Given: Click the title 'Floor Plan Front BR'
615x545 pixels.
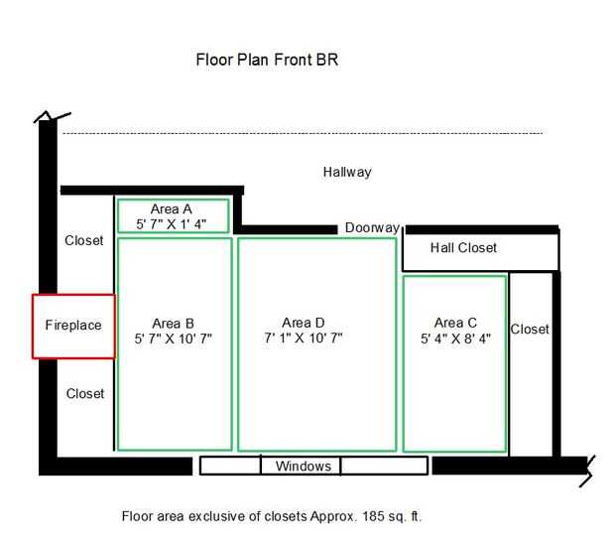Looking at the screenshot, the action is point(267,60).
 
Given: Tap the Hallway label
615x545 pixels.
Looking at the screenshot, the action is point(347,173).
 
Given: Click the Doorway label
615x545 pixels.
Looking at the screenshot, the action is point(372,227).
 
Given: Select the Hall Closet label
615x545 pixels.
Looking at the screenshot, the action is point(463,248).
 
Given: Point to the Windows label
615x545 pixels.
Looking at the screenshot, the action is point(304,466).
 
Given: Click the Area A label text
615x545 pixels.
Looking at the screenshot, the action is point(171,208).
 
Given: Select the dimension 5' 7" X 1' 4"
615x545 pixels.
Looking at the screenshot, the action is point(171,224).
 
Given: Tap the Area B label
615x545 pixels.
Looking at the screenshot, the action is point(173,324).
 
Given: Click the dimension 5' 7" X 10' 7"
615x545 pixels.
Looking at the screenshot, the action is point(173,339).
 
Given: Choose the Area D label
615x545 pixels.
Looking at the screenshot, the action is point(304,323).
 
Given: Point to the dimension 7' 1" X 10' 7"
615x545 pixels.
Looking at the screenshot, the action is point(304,338).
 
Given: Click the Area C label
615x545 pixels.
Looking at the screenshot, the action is point(455,323).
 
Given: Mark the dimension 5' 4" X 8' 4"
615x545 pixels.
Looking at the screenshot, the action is point(455,339).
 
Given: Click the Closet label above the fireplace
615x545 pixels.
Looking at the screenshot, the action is point(84,240).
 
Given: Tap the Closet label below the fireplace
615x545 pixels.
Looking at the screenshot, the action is point(85,393).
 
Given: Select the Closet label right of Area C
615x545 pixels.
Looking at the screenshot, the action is point(530,329).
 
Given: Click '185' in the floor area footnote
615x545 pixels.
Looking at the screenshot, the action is point(373,516).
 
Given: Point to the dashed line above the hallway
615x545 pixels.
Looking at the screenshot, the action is point(303,133).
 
